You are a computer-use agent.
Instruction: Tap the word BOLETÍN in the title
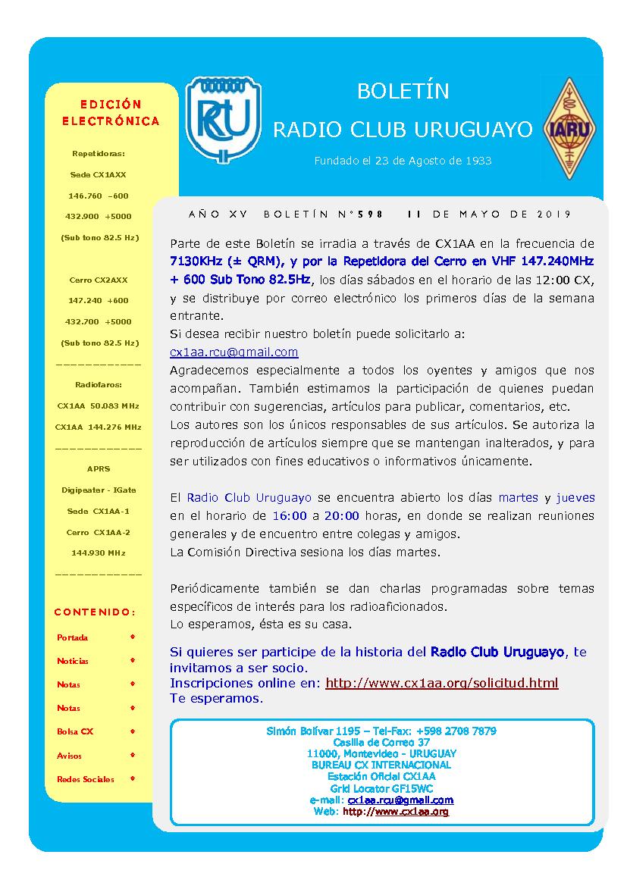pyautogui.click(x=403, y=92)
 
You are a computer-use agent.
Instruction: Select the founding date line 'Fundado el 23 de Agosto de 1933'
pyautogui.click(x=403, y=161)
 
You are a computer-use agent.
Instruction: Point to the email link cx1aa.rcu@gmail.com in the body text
pyautogui.click(x=234, y=352)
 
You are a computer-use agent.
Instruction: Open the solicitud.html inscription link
pyautogui.click(x=441, y=683)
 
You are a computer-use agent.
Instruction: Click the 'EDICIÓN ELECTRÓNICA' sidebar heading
pyautogui.click(x=111, y=112)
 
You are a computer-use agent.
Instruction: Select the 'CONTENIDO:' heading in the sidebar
pyautogui.click(x=96, y=612)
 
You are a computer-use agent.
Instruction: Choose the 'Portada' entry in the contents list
pyautogui.click(x=73, y=637)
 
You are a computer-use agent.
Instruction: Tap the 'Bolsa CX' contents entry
pyautogui.click(x=75, y=731)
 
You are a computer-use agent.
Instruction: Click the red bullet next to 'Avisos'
pyautogui.click(x=133, y=755)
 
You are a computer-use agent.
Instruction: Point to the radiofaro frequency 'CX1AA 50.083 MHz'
pyautogui.click(x=99, y=405)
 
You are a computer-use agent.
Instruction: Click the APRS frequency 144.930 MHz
pyautogui.click(x=99, y=553)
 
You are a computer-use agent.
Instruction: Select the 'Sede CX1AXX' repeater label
pyautogui.click(x=99, y=174)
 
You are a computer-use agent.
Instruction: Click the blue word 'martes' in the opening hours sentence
pyautogui.click(x=519, y=498)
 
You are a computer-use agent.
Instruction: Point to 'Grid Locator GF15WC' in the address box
pyautogui.click(x=381, y=788)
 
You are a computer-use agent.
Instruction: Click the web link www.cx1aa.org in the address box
pyautogui.click(x=411, y=811)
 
